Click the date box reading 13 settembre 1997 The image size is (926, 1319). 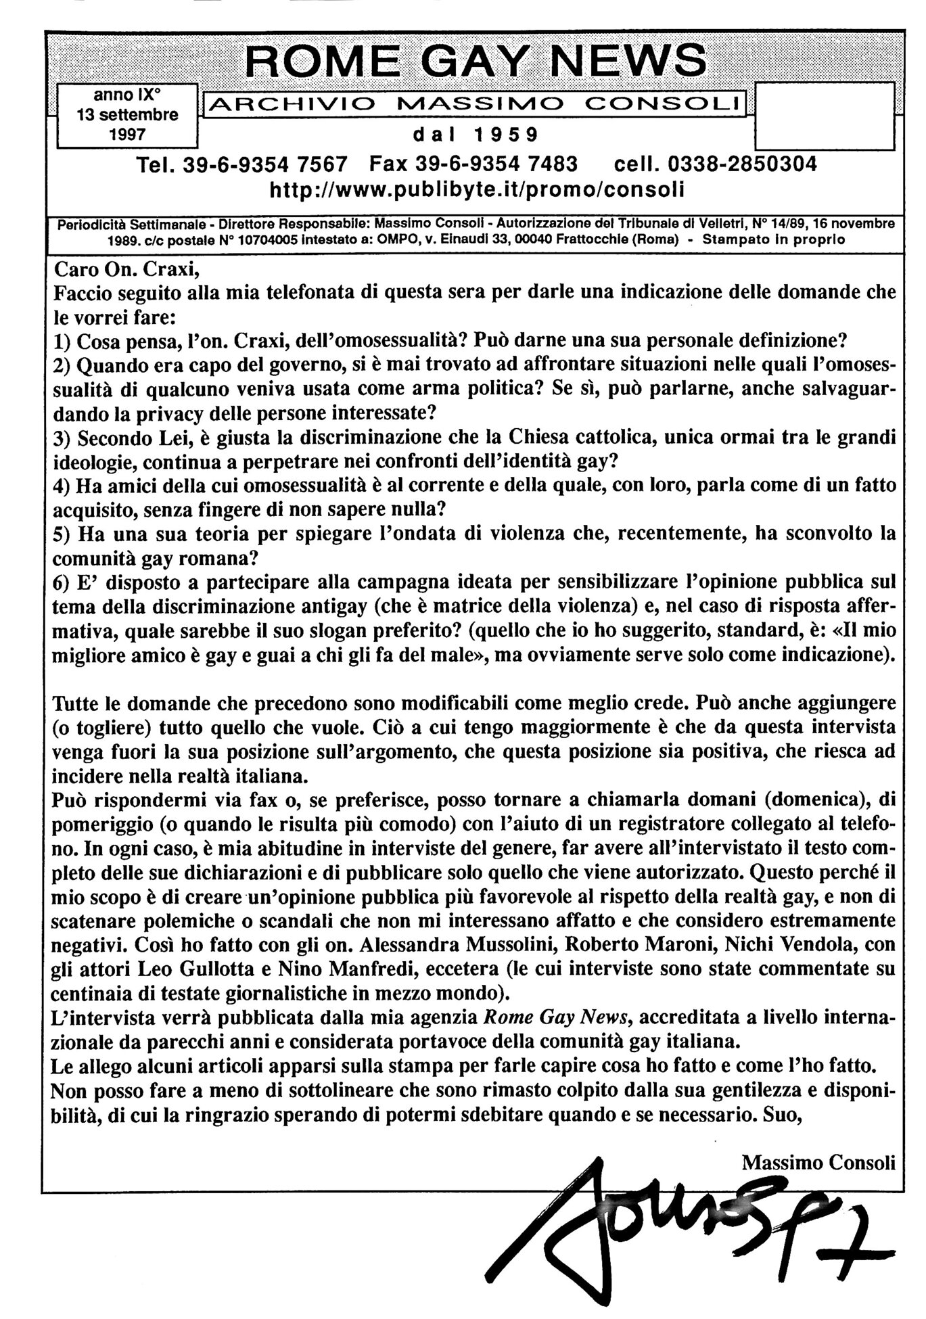[x=127, y=115]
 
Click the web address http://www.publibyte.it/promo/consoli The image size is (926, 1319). [x=477, y=190]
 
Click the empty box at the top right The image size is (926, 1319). [x=823, y=115]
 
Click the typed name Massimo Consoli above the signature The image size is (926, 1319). [x=818, y=1162]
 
